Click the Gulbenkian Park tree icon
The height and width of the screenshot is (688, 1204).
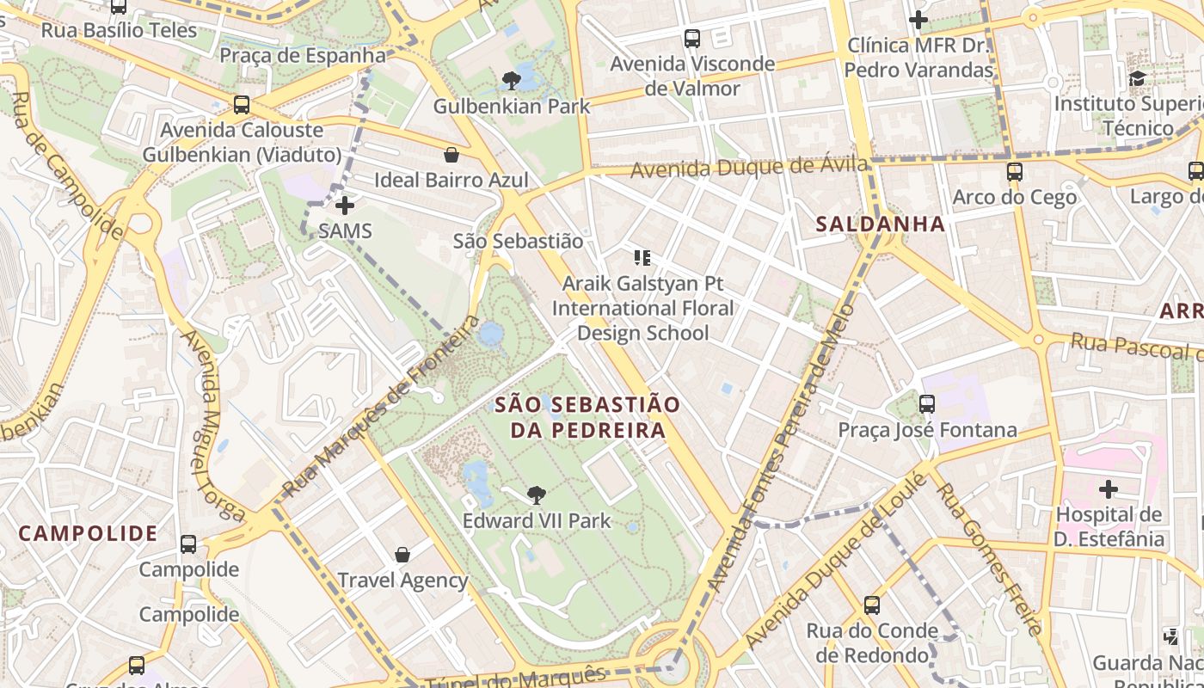coord(512,81)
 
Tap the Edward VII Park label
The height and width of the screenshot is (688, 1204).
coord(537,520)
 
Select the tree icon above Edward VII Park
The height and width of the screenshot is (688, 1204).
coord(537,494)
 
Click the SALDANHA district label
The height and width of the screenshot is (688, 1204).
coord(880,224)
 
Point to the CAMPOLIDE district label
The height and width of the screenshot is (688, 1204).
coord(88,533)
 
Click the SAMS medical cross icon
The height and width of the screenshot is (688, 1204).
coord(345,206)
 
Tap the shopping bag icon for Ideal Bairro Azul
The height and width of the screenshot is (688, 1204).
coord(451,155)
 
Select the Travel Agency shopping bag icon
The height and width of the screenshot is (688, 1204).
coord(402,555)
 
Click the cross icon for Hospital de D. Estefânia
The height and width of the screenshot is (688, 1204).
coord(1109,490)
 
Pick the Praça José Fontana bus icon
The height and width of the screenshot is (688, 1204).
coord(927,403)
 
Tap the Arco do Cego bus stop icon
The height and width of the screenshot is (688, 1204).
coord(1015,171)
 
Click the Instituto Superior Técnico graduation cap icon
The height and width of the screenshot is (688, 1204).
coord(1138,78)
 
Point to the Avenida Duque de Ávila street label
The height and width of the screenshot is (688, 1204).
coord(748,167)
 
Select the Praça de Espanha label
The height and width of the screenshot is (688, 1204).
coord(303,56)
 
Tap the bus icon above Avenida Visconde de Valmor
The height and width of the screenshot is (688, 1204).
coord(692,39)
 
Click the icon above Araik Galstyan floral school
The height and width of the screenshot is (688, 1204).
coord(642,257)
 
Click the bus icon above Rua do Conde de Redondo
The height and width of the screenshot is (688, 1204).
coord(872,605)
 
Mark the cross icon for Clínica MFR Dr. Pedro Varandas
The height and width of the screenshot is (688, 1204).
coord(918,19)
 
